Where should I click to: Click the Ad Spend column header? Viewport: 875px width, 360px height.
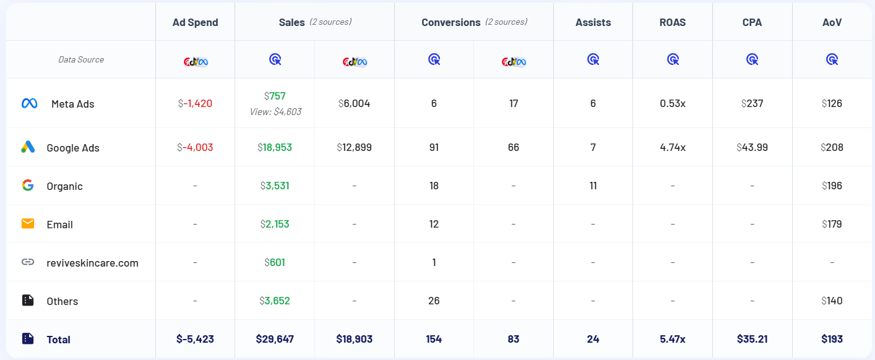(x=195, y=22)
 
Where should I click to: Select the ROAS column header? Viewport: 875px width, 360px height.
(x=672, y=22)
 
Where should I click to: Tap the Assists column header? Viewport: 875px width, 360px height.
(x=593, y=22)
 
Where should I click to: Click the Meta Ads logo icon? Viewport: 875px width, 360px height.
(x=29, y=103)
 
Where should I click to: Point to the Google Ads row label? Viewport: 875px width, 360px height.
(x=73, y=148)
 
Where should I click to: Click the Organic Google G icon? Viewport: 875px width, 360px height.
(x=28, y=185)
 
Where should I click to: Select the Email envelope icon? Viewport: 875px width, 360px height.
(x=28, y=223)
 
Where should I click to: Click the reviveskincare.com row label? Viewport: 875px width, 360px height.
(x=92, y=263)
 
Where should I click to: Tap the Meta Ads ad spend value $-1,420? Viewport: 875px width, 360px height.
(x=195, y=103)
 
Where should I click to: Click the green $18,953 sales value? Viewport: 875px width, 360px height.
(x=275, y=147)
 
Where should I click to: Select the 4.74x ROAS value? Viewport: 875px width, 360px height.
(x=673, y=147)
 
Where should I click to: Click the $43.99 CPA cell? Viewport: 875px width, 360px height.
(x=752, y=147)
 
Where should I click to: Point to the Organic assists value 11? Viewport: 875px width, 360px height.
(x=593, y=186)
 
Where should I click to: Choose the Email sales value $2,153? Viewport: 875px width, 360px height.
(x=275, y=224)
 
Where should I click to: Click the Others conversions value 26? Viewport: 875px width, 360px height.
(x=434, y=301)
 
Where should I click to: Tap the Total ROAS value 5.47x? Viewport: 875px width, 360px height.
(x=673, y=339)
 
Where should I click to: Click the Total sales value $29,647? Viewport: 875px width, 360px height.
(x=275, y=339)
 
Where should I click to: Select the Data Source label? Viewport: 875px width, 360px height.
(x=81, y=60)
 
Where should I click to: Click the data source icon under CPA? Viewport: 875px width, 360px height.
(x=752, y=59)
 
